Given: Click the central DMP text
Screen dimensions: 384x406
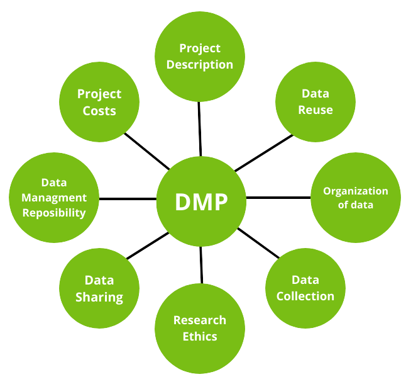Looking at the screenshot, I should click(201, 202).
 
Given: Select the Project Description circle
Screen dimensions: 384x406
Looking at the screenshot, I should click(200, 56).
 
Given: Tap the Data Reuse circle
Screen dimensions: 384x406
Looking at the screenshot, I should click(315, 101).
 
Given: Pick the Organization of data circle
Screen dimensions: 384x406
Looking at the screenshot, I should click(355, 198).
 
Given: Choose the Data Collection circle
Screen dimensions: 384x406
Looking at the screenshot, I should click(305, 288).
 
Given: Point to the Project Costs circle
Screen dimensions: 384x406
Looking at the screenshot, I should click(99, 102).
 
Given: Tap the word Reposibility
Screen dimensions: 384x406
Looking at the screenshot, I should click(54, 213).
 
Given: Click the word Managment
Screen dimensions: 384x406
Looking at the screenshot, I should click(54, 198).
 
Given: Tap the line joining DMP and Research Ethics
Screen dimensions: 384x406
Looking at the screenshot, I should click(201, 264).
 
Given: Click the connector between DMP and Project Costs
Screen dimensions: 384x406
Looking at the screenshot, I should click(147, 151).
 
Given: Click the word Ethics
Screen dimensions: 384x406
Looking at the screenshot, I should click(200, 336).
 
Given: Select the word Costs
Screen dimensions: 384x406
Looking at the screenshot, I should click(99, 111).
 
